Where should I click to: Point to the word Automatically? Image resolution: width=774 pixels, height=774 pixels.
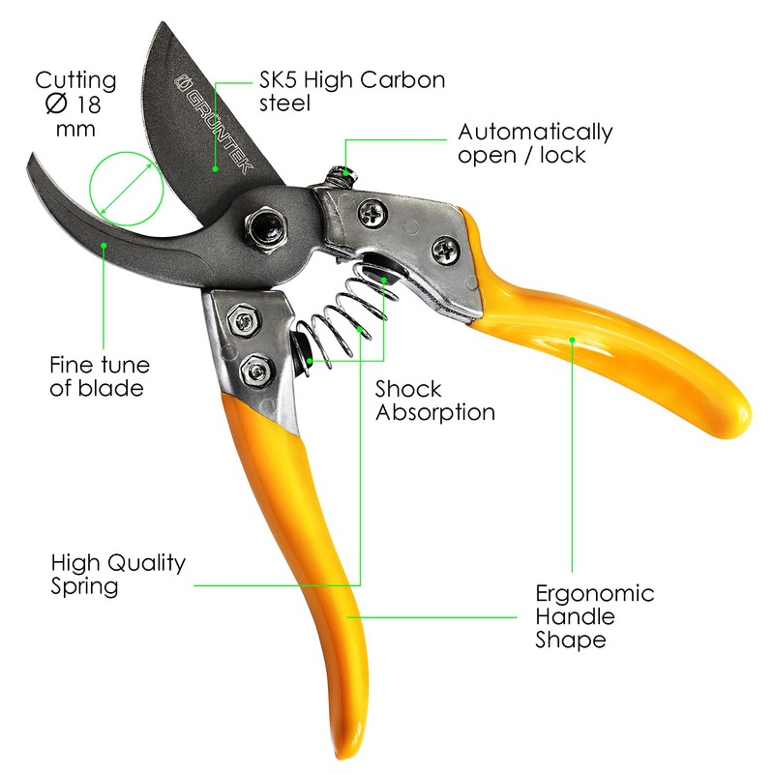click(x=535, y=132)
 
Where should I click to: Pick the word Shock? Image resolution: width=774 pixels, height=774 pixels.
click(x=408, y=390)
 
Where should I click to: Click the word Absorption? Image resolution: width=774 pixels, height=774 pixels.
click(x=435, y=413)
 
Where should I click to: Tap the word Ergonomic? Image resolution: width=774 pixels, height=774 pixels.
click(x=595, y=593)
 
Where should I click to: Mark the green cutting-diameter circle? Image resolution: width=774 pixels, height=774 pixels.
click(x=126, y=190)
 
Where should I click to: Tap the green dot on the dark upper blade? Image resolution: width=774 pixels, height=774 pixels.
click(x=217, y=166)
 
